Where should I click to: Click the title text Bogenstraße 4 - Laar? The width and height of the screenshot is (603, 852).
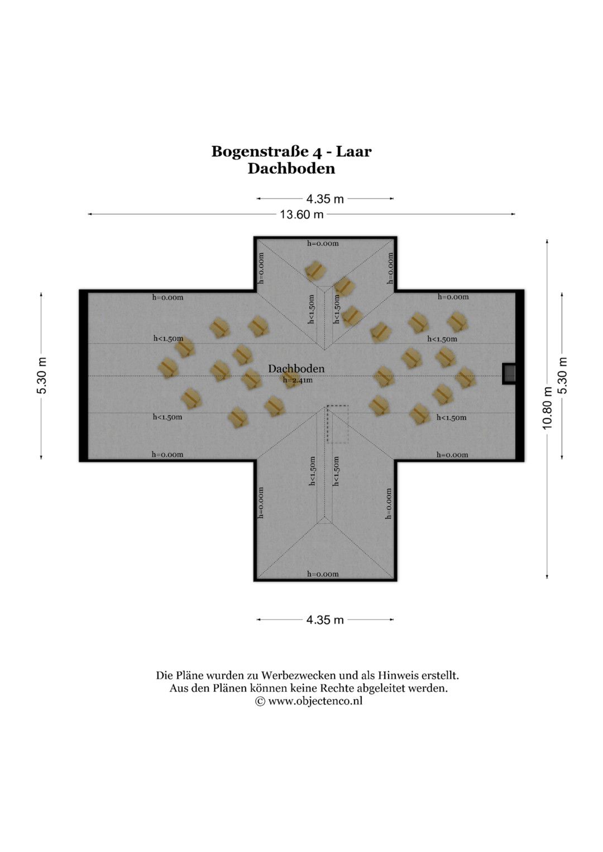point(291,151)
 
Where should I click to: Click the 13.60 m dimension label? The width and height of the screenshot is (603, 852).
point(301,214)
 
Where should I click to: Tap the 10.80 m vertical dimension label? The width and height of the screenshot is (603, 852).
point(547,408)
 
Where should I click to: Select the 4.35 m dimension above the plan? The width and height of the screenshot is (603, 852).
point(325,199)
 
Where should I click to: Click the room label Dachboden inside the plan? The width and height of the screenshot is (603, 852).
point(296,369)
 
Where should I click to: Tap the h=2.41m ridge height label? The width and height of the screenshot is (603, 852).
point(297,379)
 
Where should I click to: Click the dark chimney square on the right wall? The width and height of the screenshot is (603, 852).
point(509,373)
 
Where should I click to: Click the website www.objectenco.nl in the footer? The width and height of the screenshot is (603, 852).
point(315,701)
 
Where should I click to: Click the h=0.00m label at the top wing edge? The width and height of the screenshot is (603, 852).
point(323,243)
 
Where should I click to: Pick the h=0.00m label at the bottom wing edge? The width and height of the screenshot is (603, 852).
point(323,574)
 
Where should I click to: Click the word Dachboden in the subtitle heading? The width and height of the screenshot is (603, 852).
point(291,169)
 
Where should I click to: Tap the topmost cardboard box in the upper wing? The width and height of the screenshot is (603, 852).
point(315,271)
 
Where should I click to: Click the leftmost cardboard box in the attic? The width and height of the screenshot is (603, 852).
point(168,368)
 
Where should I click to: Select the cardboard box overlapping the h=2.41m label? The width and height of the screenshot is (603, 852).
point(290,379)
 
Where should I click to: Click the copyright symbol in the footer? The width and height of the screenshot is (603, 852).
point(260,701)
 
